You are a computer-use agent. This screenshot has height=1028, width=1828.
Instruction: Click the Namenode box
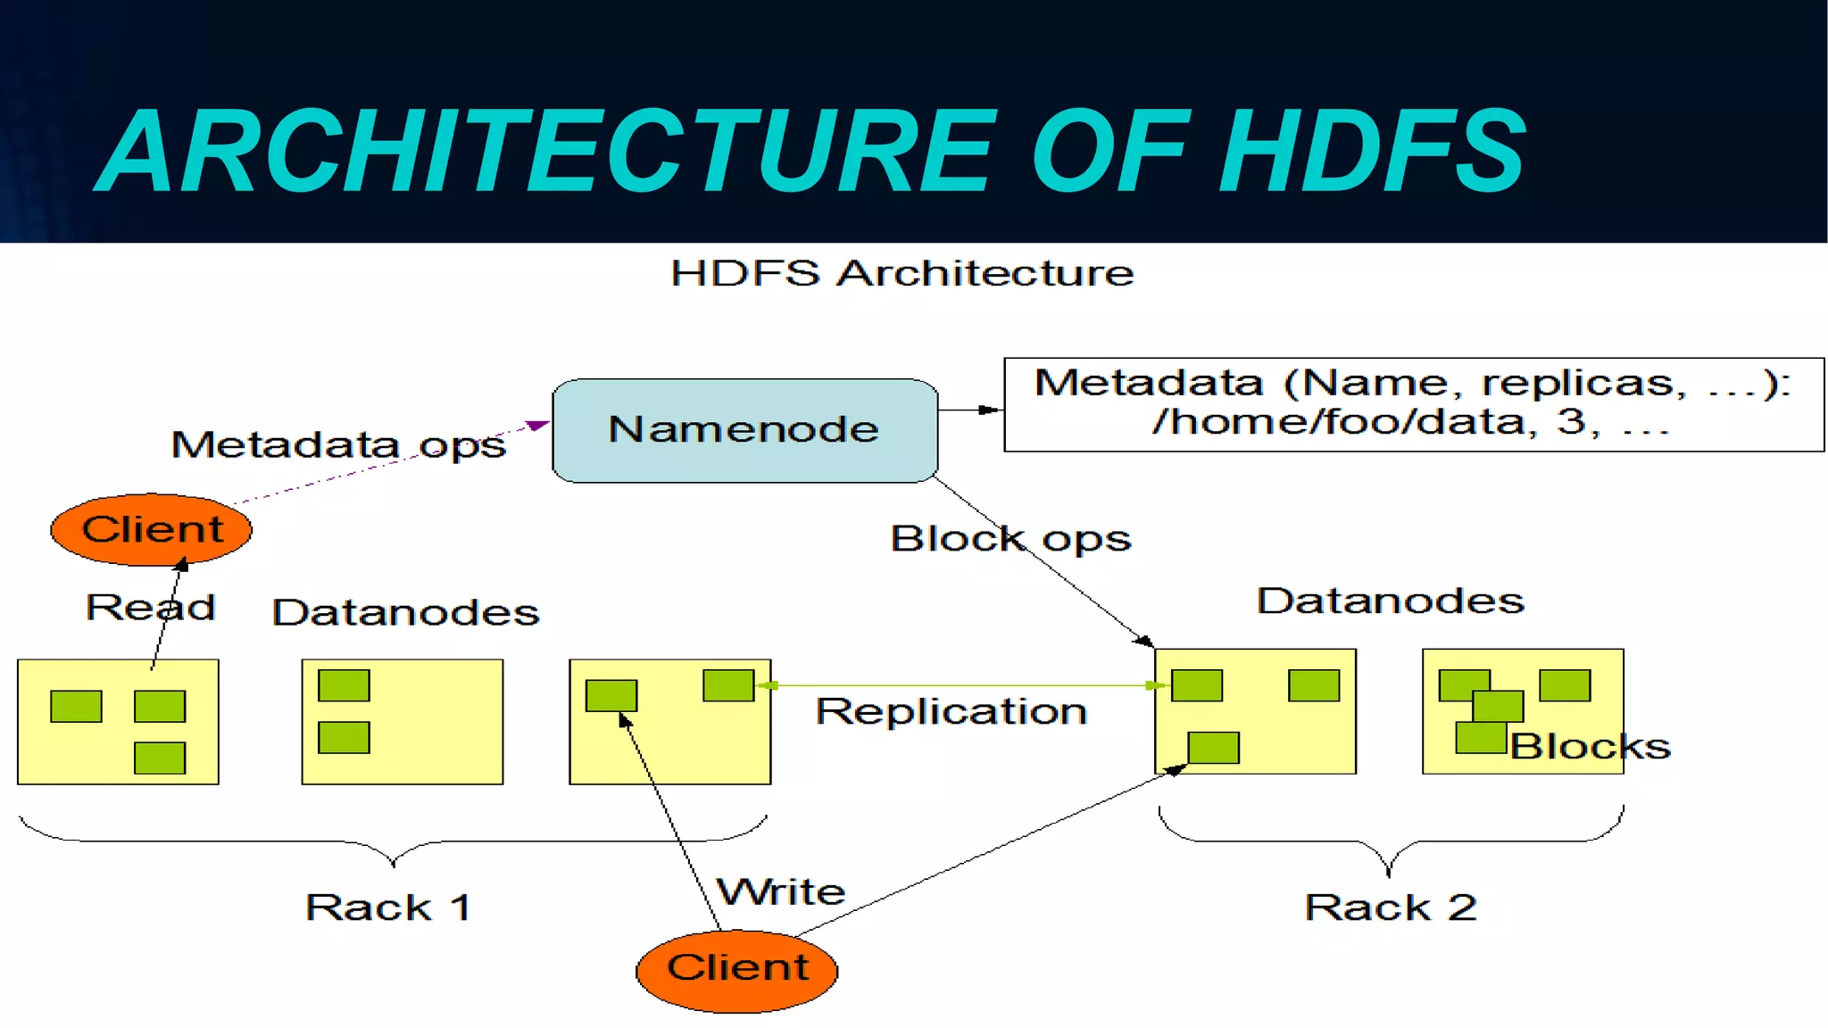point(744,431)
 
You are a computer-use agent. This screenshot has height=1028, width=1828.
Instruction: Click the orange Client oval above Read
point(151,530)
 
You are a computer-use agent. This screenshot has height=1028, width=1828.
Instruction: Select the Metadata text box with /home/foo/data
point(1413,404)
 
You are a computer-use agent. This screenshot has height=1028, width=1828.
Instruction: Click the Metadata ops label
point(338,444)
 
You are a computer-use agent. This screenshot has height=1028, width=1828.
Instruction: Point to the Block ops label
point(1010,539)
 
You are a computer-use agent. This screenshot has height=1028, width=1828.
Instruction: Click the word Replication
point(951,712)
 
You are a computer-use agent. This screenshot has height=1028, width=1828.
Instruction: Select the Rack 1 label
point(387,908)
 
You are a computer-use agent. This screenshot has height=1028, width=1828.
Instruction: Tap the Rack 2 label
point(1390,908)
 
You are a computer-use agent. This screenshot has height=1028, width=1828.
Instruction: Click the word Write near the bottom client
point(781,891)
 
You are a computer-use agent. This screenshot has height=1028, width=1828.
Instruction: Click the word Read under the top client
point(150,608)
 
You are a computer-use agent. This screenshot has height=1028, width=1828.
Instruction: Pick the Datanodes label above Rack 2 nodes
point(1390,601)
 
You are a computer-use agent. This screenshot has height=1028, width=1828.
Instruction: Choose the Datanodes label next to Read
point(405,613)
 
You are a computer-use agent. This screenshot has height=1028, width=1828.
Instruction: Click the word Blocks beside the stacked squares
point(1590,746)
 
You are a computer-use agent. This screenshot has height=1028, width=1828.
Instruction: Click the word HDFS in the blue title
point(1373,152)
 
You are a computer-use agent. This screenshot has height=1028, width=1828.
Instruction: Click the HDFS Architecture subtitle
point(902,273)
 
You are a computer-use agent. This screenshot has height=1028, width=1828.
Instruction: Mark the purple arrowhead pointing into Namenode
point(537,425)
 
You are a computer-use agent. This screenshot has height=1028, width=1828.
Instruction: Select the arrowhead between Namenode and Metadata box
point(989,410)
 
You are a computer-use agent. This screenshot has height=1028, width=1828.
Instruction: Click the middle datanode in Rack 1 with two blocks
point(402,721)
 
